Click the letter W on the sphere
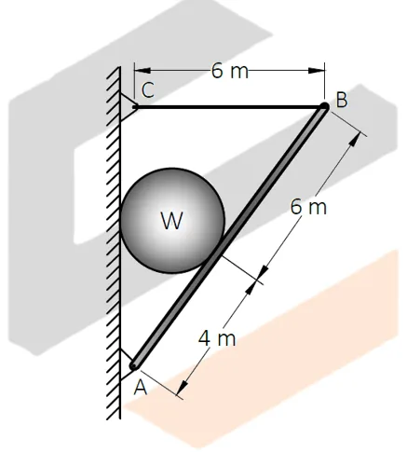point(170,221)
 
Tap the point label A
point(141,389)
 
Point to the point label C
point(148,89)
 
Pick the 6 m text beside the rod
point(308,207)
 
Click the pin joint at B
point(324,107)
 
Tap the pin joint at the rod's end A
point(134,365)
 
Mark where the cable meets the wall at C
point(135,106)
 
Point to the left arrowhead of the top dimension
point(140,71)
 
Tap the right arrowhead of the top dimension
point(319,71)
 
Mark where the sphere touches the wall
point(122,221)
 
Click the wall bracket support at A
point(126,357)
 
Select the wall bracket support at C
point(127,100)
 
